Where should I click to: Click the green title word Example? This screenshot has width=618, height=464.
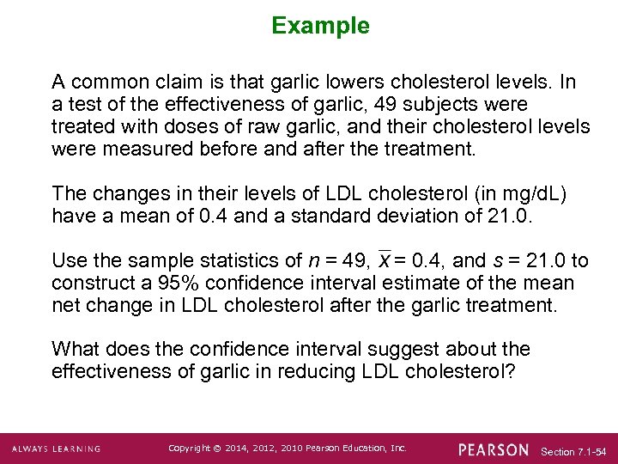(x=320, y=27)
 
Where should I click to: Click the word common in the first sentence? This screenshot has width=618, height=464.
(x=103, y=82)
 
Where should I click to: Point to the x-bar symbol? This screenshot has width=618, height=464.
(x=385, y=260)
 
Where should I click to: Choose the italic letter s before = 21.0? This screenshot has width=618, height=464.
(x=494, y=261)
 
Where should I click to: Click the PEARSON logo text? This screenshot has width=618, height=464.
(x=494, y=449)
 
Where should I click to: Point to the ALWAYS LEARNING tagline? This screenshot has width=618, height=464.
(x=56, y=449)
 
